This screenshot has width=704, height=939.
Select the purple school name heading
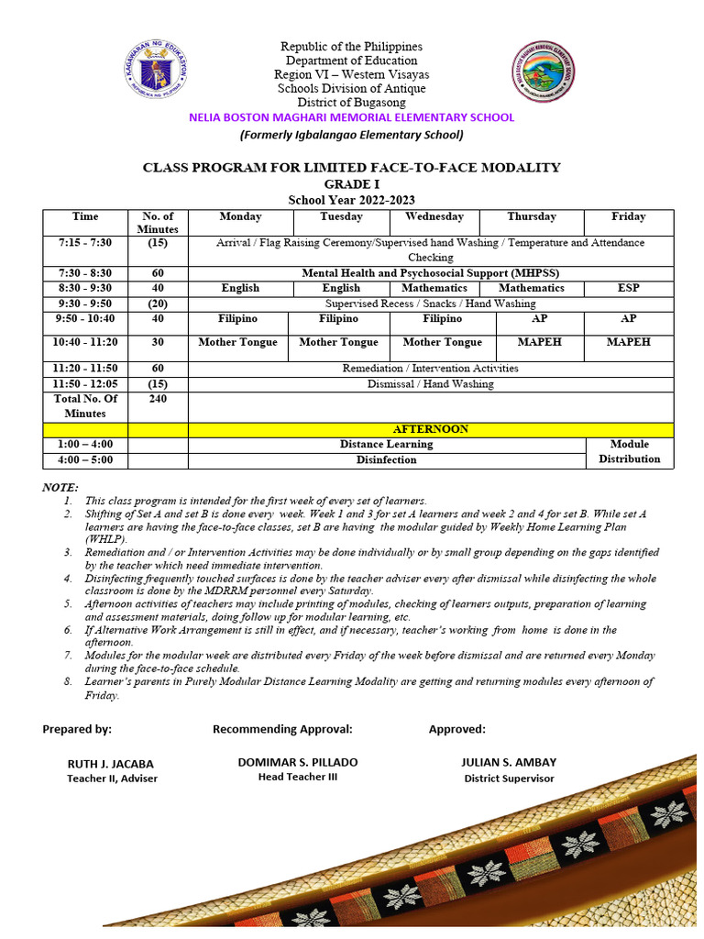[x=351, y=117]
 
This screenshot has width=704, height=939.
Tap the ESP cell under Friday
[x=629, y=288]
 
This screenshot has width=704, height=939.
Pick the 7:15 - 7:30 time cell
[x=85, y=242]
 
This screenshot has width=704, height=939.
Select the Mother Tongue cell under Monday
[x=237, y=342]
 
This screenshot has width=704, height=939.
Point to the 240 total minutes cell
[x=158, y=399]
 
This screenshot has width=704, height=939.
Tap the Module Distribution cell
[x=629, y=451]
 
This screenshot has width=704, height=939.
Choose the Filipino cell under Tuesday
[x=338, y=319]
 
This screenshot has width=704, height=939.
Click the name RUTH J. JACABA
[x=111, y=763]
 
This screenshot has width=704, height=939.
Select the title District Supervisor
[x=509, y=779]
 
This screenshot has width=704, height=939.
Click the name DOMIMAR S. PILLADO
[x=298, y=762]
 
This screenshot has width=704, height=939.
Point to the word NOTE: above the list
[x=60, y=487]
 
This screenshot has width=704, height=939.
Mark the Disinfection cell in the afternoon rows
[x=386, y=459]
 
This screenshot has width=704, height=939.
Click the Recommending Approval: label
[x=282, y=729]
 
